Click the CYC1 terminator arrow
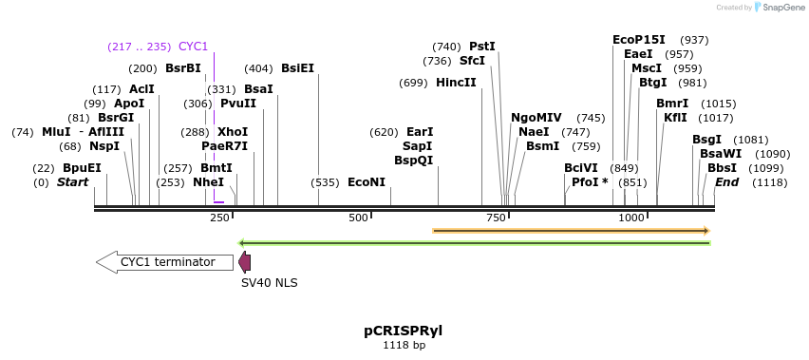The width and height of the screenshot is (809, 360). [x=167, y=262]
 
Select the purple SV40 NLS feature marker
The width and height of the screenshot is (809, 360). [x=245, y=263]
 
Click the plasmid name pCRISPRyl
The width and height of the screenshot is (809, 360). [x=404, y=332]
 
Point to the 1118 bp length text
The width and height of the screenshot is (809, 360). [x=404, y=346]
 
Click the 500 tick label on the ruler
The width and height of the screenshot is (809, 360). [x=358, y=218]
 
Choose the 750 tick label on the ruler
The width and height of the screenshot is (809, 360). [x=495, y=218]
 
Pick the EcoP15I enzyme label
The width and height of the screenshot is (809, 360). [x=639, y=40]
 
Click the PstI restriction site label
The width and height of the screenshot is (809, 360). [x=482, y=47]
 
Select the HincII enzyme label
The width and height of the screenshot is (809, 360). [x=456, y=83]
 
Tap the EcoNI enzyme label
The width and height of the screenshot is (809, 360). [x=367, y=182]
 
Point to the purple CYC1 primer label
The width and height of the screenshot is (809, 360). [x=193, y=47]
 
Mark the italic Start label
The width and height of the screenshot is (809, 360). [x=72, y=182]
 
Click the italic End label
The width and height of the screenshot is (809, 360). [x=726, y=182]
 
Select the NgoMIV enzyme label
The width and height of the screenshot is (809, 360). [x=536, y=118]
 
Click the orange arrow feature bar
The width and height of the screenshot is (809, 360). [x=571, y=230]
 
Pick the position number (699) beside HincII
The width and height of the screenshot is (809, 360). [x=414, y=83]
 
